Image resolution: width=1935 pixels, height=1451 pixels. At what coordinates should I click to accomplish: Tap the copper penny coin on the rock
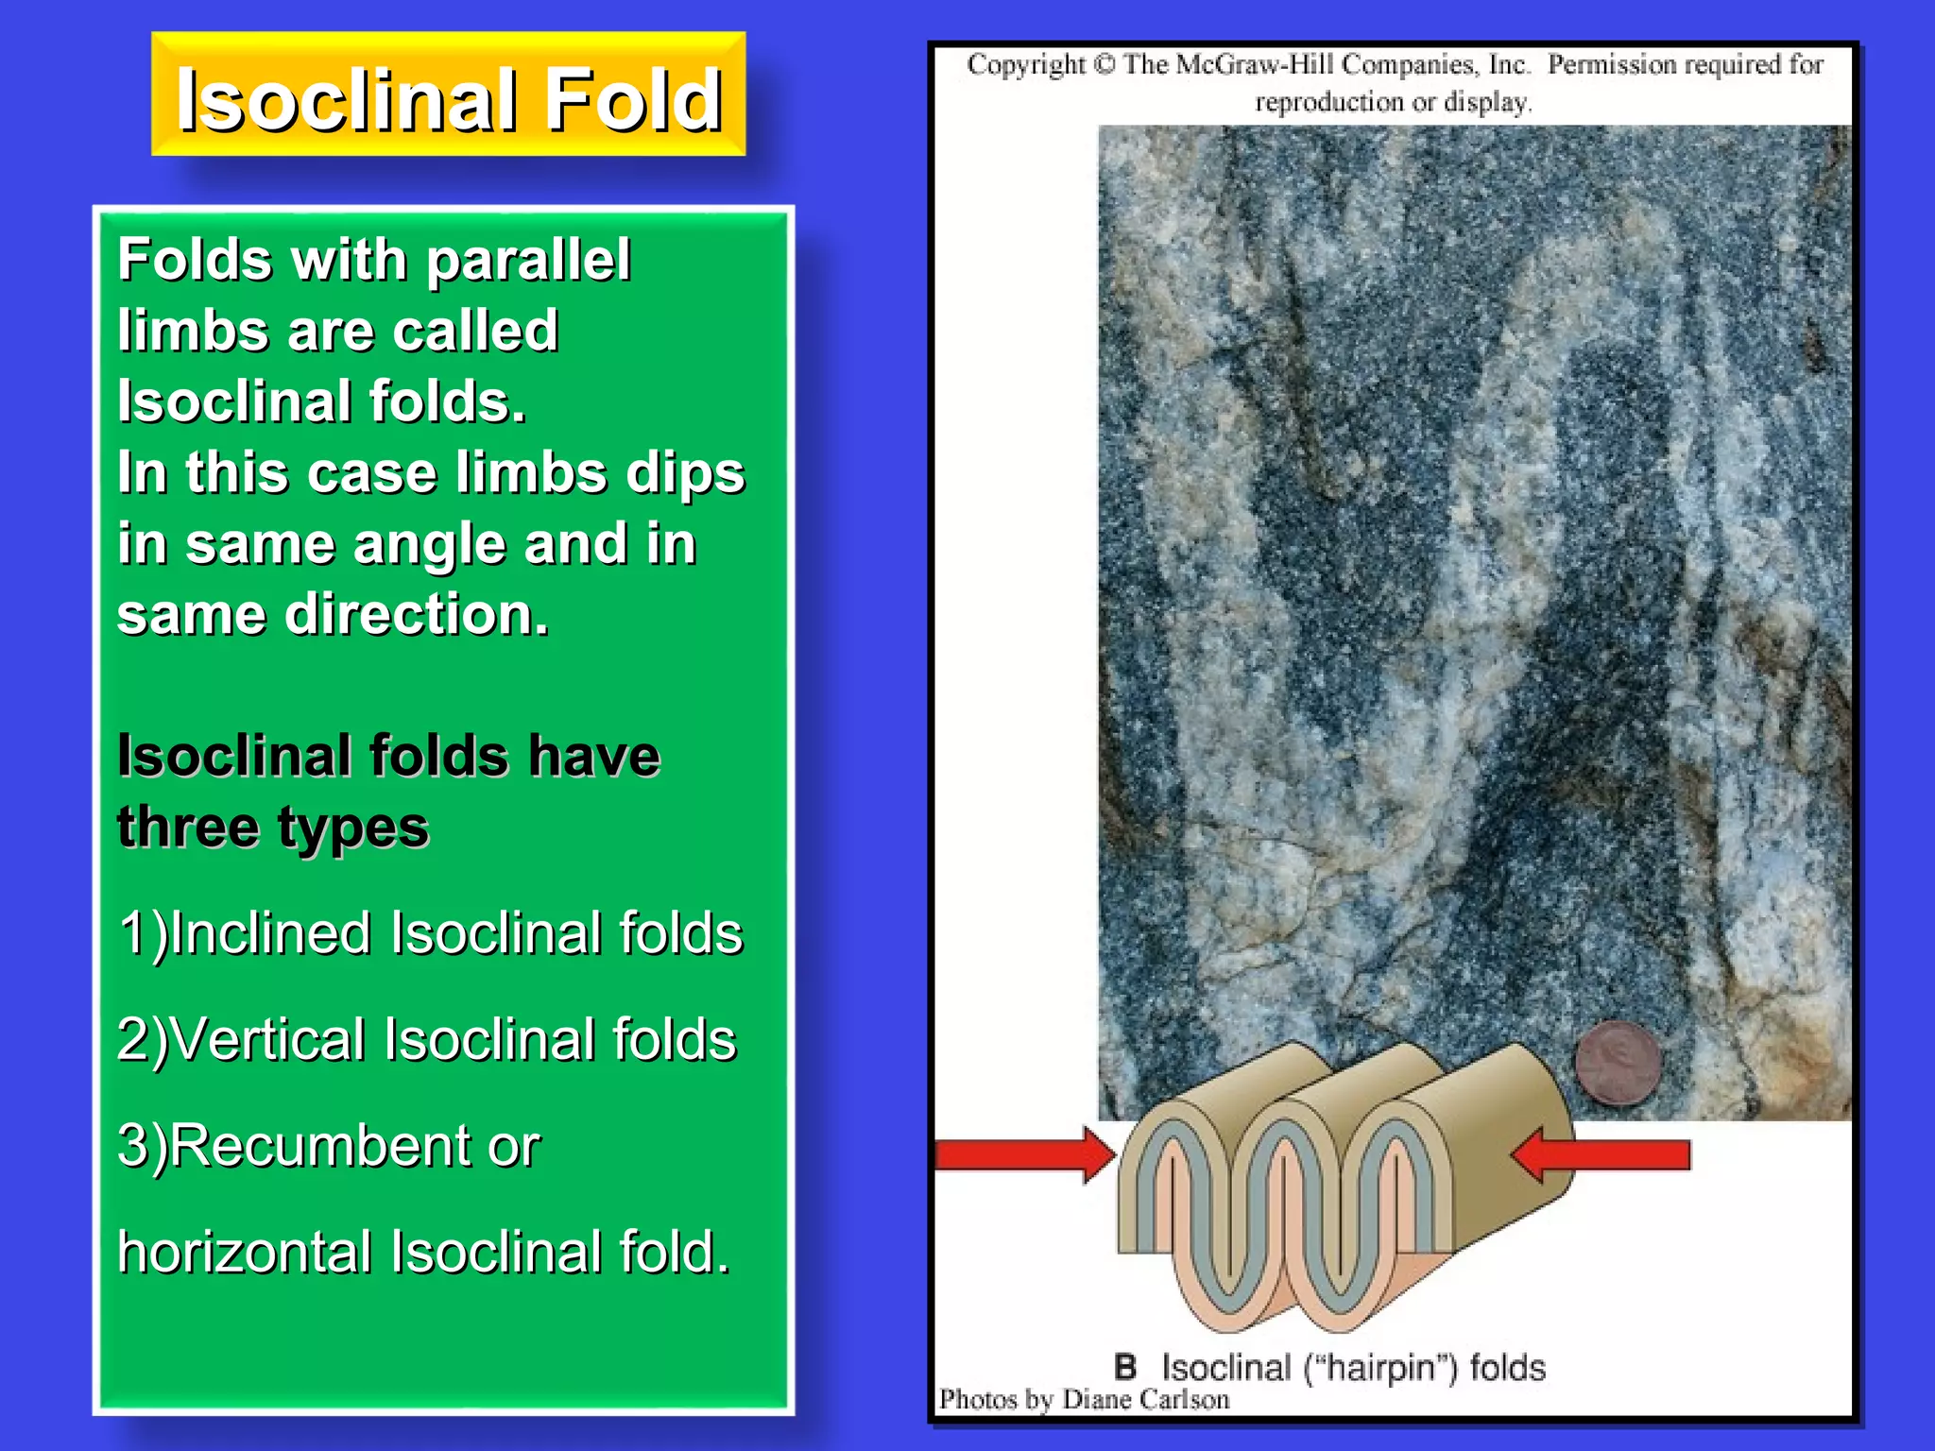[x=1618, y=1062]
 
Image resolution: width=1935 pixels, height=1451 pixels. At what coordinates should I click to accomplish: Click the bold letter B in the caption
[x=1124, y=1367]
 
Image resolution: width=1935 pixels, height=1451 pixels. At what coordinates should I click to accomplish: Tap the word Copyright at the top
[x=1026, y=64]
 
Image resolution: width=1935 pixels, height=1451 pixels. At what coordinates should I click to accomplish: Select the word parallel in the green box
[x=528, y=262]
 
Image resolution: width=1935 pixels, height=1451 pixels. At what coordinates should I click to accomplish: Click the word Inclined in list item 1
[x=271, y=933]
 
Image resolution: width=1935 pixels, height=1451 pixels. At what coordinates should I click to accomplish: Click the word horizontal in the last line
[x=245, y=1253]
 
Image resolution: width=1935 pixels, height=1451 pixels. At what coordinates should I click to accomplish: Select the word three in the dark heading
[x=187, y=828]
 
